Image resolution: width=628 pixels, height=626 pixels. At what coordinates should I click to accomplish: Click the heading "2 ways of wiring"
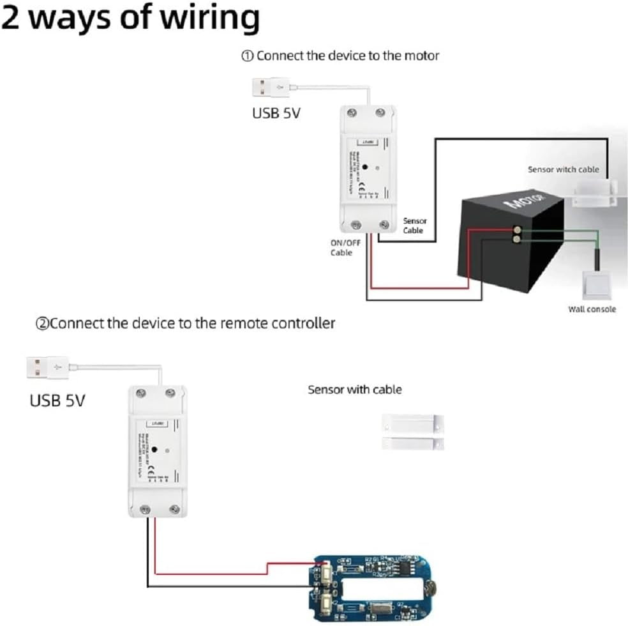tap(130, 19)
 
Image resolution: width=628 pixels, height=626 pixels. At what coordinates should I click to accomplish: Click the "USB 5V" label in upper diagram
tap(276, 114)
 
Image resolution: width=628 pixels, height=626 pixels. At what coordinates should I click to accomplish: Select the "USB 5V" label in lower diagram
tap(57, 401)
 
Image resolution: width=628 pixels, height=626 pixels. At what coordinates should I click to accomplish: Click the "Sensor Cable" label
tap(414, 225)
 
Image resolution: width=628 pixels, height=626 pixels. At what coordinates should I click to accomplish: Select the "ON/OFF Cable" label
tap(345, 248)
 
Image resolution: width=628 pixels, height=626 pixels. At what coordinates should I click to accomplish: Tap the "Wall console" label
tap(592, 309)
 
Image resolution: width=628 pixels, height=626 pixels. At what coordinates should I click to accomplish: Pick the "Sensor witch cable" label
tap(563, 169)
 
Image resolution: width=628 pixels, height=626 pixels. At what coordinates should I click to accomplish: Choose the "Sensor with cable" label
tap(355, 389)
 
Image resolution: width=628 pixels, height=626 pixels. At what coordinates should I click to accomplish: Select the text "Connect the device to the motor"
tap(347, 56)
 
